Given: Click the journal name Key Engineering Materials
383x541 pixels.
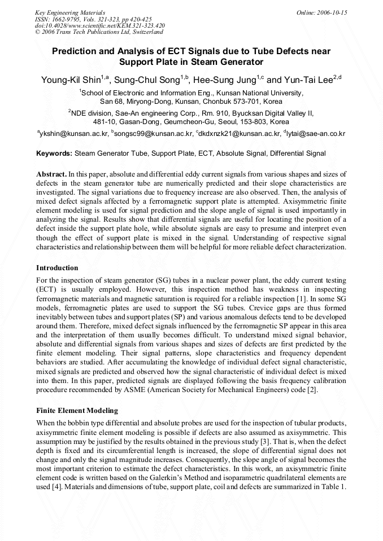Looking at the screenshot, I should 69,12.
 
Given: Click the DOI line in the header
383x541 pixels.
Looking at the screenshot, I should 100,25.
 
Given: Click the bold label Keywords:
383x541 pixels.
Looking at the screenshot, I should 54,153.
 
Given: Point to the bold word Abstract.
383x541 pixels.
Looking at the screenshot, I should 51,174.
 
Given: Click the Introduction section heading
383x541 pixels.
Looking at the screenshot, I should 57,267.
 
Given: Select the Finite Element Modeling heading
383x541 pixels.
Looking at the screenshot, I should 77,410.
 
